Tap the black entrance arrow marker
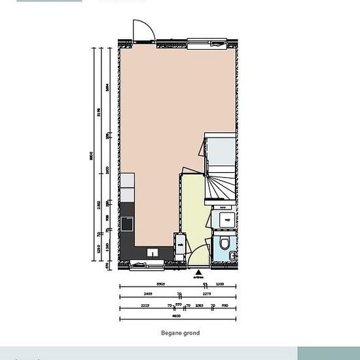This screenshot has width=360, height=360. [x=198, y=271]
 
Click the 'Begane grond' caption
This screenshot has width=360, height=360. [x=180, y=333]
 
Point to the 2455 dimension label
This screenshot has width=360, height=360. [x=149, y=295]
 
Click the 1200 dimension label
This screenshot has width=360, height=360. [x=220, y=285]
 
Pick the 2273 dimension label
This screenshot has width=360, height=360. [x=207, y=295]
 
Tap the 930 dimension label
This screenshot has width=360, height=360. [x=225, y=306]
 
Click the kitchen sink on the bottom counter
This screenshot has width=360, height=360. [x=153, y=252]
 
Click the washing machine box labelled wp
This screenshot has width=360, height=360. [x=225, y=219]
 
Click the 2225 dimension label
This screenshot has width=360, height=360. [x=145, y=306]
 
